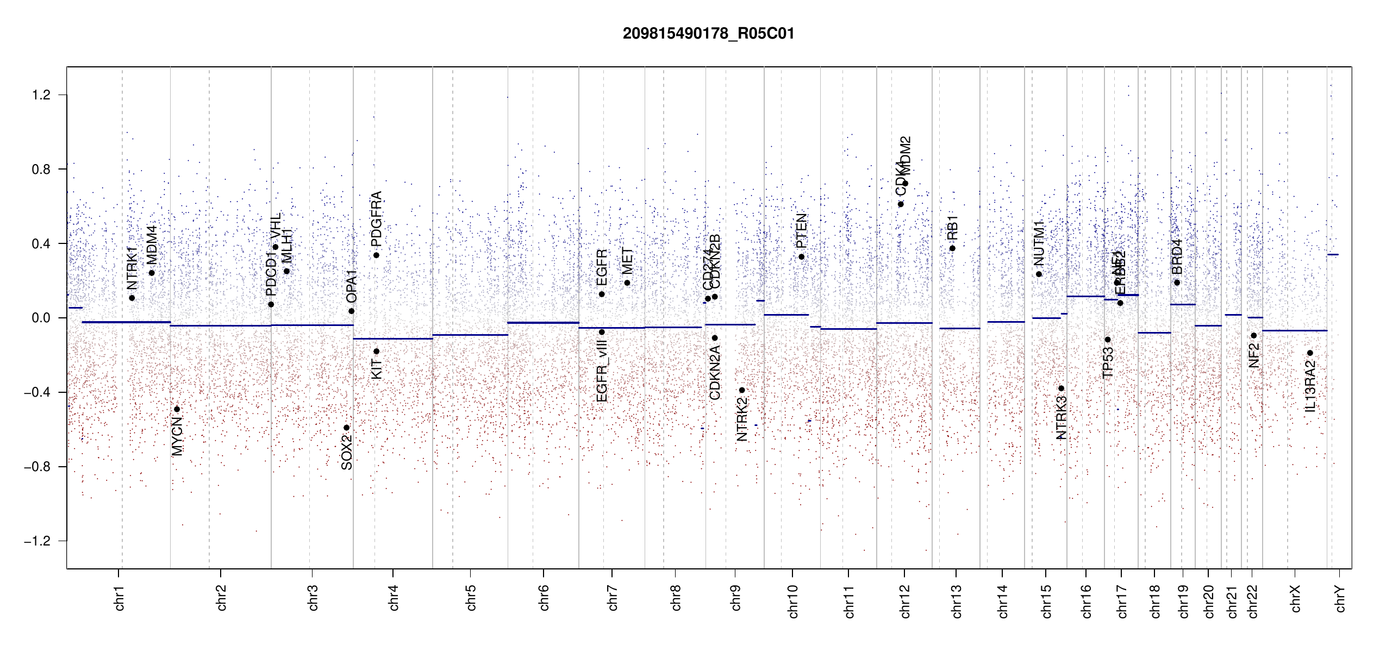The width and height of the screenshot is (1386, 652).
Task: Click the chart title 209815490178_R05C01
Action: [x=708, y=34]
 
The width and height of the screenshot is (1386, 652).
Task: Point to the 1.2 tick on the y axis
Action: [x=41, y=95]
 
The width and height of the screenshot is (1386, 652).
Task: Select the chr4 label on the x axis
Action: [x=394, y=598]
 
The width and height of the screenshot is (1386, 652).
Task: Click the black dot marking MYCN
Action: [x=177, y=409]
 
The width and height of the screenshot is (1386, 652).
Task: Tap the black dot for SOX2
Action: [x=347, y=428]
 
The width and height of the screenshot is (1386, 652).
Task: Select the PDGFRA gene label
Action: [x=376, y=219]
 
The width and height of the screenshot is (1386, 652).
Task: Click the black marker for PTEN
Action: [x=801, y=257]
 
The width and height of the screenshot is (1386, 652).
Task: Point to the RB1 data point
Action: [x=952, y=248]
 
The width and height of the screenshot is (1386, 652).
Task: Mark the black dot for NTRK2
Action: [x=742, y=390]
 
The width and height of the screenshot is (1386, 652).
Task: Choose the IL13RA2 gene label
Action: [x=1310, y=386]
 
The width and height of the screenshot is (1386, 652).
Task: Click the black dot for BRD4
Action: [x=1177, y=283]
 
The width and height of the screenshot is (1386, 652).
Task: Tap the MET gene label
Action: [x=627, y=261]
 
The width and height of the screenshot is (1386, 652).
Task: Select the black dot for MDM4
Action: [x=152, y=273]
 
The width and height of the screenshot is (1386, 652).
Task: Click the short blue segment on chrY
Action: [x=1333, y=254]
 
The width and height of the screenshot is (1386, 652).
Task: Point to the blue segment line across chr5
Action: [x=470, y=335]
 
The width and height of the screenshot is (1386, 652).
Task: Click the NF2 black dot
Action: [x=1254, y=336]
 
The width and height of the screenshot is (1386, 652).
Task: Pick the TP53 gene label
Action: [x=1108, y=362]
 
